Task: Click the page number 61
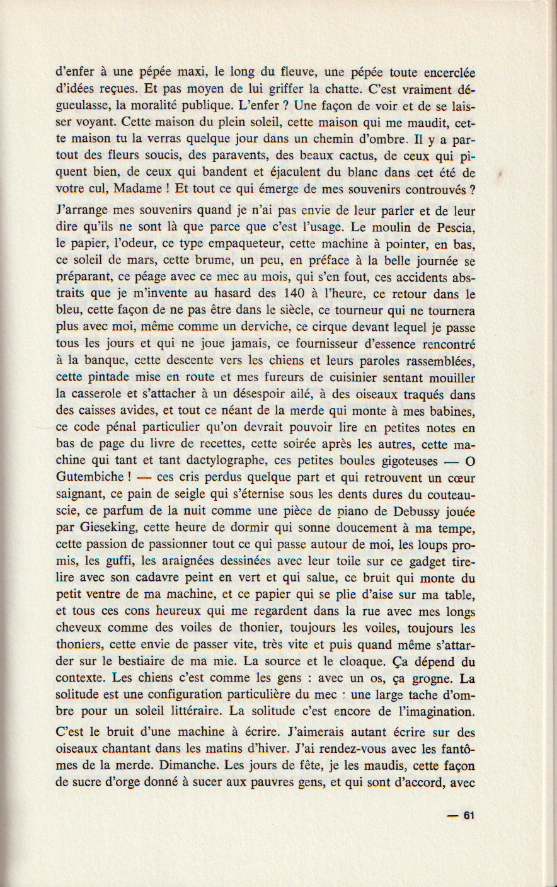point(468,815)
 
